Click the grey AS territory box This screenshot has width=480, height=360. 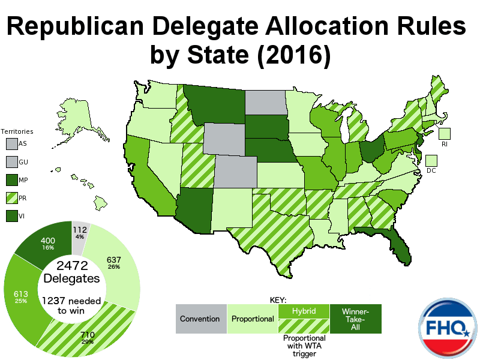pyautogui.click(x=11, y=144)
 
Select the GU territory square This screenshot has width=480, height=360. pyautogui.click(x=11, y=162)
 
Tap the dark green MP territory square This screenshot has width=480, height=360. pyautogui.click(x=11, y=179)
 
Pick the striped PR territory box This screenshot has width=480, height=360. pyautogui.click(x=11, y=197)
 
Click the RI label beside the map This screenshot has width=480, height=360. pyautogui.click(x=444, y=145)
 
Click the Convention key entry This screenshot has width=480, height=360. pyautogui.click(x=200, y=319)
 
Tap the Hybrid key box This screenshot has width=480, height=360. pyautogui.click(x=305, y=311)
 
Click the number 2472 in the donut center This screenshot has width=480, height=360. pyautogui.click(x=71, y=266)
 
